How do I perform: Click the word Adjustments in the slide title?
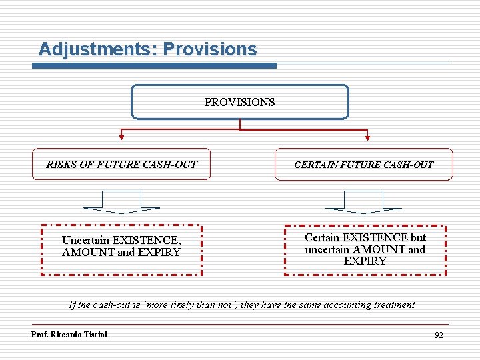coord(97,49)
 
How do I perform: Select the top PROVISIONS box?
coord(239,102)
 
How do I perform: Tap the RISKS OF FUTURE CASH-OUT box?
coord(121,164)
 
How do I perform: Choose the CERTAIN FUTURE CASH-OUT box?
coord(363,164)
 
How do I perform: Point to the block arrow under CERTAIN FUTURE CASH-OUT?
coord(363,202)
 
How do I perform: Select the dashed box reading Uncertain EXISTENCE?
coord(121,249)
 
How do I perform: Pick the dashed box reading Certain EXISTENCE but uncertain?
coord(365,249)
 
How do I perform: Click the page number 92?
coord(438,335)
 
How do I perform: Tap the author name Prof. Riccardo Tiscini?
coord(69,334)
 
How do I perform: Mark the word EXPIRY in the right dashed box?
coord(365,261)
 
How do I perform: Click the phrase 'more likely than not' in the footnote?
coord(189,305)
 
